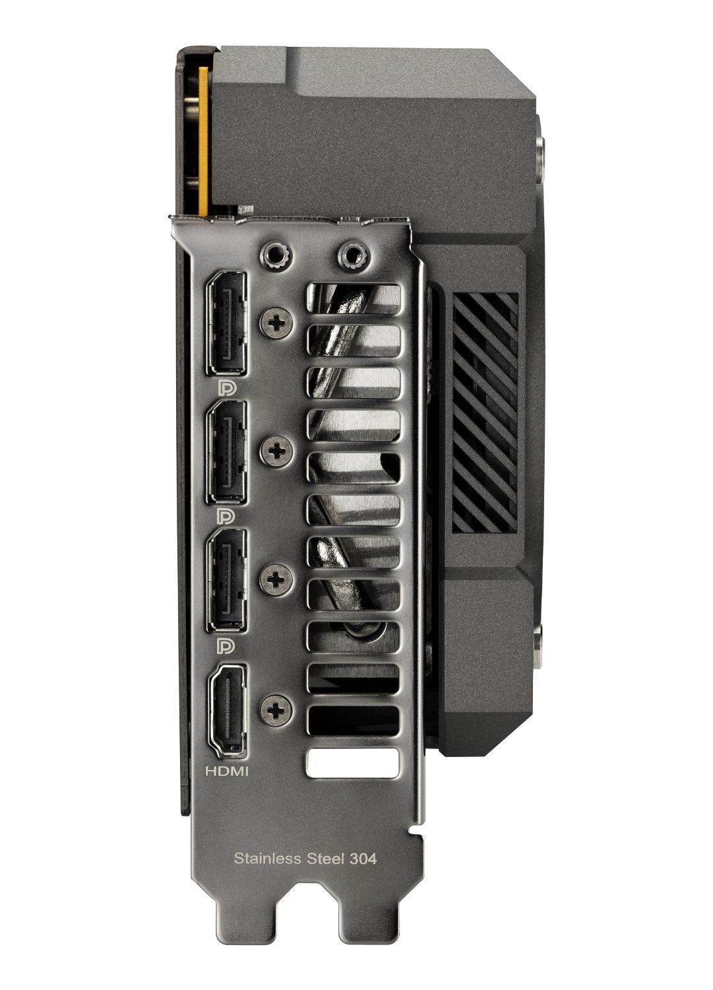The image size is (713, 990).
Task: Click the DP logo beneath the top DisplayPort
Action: [x=224, y=386]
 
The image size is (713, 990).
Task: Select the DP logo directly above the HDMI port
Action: [x=224, y=643]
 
